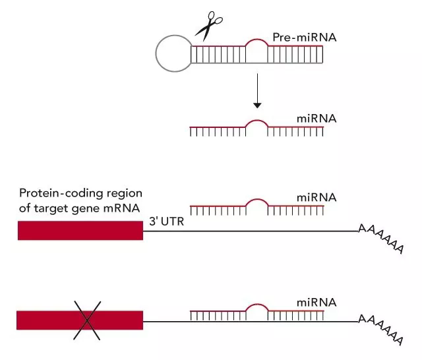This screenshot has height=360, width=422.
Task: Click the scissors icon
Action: tap(207, 27)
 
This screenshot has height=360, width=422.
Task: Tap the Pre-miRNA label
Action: tap(305, 38)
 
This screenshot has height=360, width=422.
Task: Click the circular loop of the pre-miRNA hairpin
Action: tap(156, 54)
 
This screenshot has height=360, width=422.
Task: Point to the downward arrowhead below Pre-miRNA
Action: tap(257, 105)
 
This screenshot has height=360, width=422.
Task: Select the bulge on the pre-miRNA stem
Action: tap(257, 40)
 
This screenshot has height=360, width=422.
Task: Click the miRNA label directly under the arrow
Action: tap(316, 119)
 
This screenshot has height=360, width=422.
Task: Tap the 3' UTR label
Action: tap(167, 222)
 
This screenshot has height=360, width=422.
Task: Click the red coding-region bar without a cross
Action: tap(80, 230)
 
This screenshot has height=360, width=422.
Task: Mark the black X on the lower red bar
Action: tap(87, 320)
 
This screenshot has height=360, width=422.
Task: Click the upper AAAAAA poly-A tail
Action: tap(381, 239)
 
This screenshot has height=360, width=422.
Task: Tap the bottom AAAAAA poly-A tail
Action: tap(381, 330)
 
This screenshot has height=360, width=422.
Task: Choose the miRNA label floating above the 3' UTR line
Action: tap(316, 198)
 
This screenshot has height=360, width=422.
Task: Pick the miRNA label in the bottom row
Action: tap(316, 303)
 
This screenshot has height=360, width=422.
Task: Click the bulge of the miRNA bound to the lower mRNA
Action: tap(257, 305)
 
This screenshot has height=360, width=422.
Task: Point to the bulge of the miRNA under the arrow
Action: tap(257, 121)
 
